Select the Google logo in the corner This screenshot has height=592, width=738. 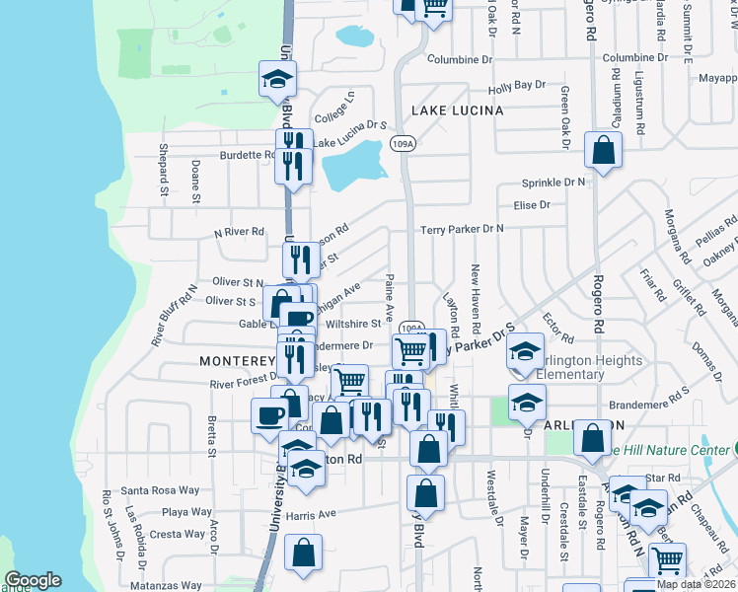[x=32, y=580]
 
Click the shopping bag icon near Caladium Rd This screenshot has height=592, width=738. [x=603, y=151]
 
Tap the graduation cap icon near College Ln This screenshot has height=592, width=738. [x=278, y=80]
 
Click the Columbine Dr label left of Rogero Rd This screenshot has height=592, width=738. [x=460, y=59]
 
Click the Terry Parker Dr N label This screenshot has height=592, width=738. [x=462, y=229]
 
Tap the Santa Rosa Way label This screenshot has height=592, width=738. [x=160, y=490]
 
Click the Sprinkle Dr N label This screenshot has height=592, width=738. [x=553, y=183]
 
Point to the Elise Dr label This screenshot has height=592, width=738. [x=532, y=205]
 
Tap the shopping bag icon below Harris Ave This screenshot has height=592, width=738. [x=304, y=555]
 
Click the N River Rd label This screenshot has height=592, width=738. [x=240, y=232]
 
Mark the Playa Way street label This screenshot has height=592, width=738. [x=186, y=512]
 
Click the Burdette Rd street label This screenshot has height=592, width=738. [x=247, y=155]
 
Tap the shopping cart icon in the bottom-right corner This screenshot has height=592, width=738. [x=668, y=559]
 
